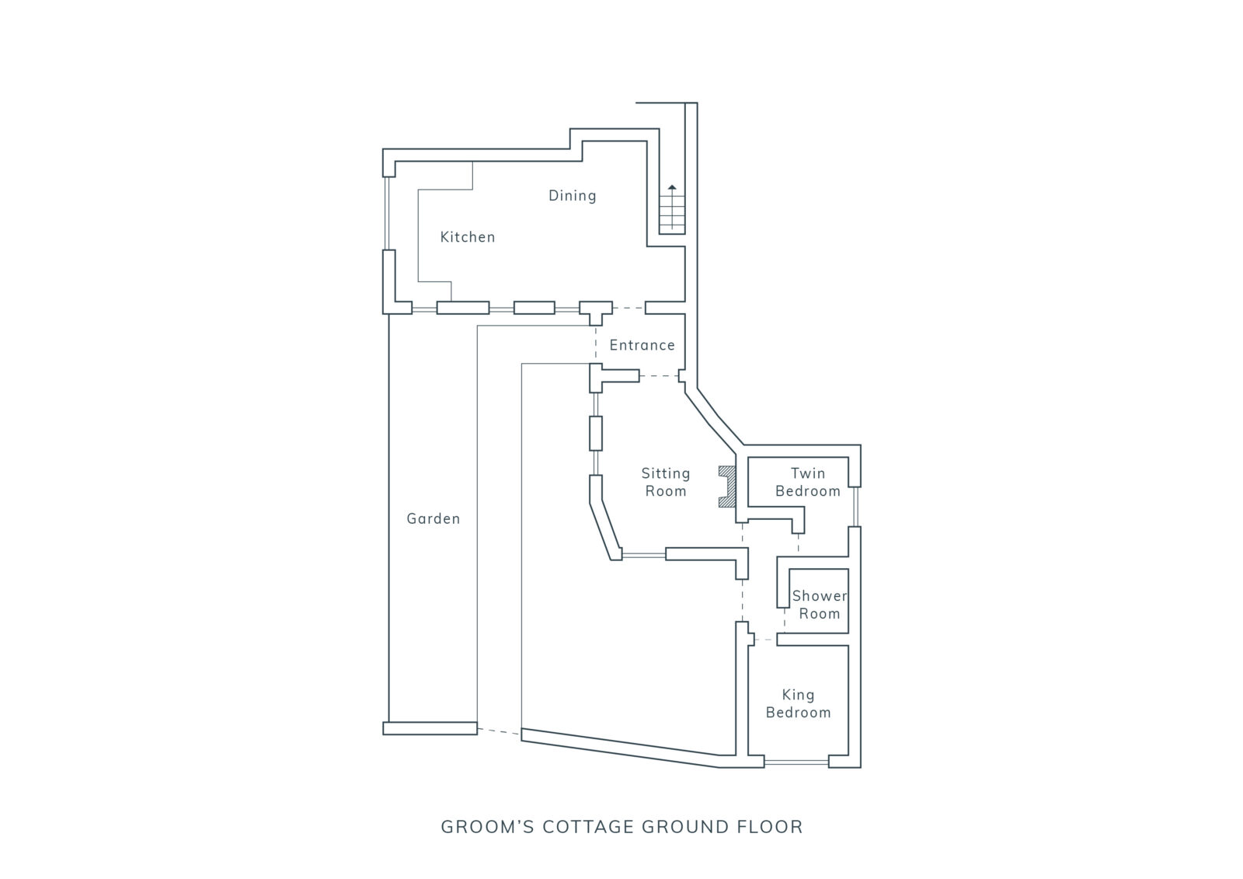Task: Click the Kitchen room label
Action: [467, 237]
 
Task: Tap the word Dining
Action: [572, 195]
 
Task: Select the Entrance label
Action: [642, 345]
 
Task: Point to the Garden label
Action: [433, 518]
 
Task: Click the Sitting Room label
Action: [666, 482]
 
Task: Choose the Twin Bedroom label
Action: [808, 482]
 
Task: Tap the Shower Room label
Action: [820, 605]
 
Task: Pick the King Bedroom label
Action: [798, 703]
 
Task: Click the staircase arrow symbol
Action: [672, 207]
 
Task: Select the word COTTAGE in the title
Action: [588, 827]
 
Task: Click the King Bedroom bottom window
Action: [796, 762]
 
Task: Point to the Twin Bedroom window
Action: [855, 507]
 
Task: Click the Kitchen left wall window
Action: [388, 213]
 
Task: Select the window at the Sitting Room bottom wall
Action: [644, 554]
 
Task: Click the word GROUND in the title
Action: [685, 827]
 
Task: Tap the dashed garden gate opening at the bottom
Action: [499, 731]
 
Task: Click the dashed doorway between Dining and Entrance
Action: [628, 308]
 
